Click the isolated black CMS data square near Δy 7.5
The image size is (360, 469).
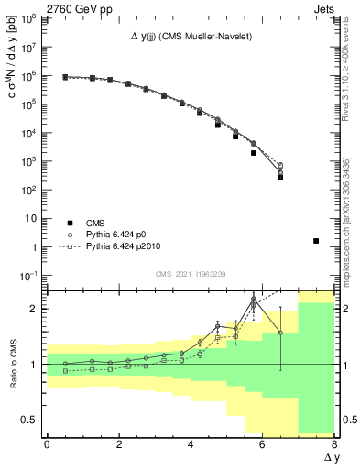pos(316,241)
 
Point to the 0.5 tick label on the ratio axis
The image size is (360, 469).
pos(28,420)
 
